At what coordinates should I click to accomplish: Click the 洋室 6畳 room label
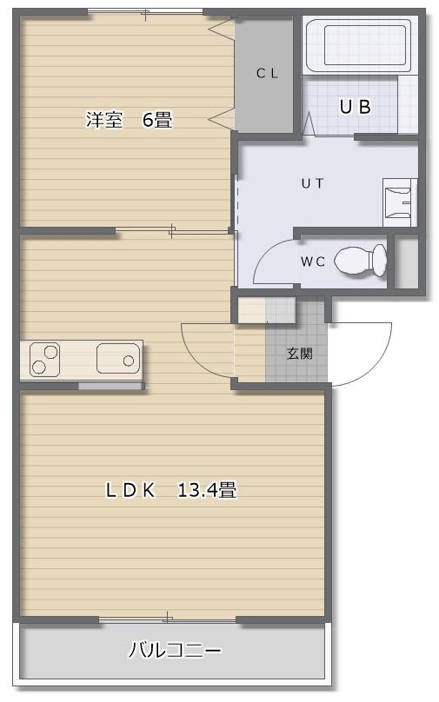pyautogui.click(x=129, y=120)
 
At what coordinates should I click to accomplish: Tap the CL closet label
pyautogui.click(x=268, y=74)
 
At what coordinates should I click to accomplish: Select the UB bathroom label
pyautogui.click(x=356, y=107)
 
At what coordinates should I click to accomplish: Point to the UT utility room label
pyautogui.click(x=313, y=183)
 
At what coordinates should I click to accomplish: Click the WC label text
pyautogui.click(x=313, y=262)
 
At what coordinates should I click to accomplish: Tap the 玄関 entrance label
pyautogui.click(x=300, y=354)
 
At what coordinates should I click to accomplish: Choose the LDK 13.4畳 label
pyautogui.click(x=171, y=490)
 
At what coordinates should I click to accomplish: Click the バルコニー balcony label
pyautogui.click(x=175, y=650)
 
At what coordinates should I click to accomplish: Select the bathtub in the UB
pyautogui.click(x=363, y=45)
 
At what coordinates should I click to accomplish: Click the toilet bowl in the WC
pyautogui.click(x=360, y=261)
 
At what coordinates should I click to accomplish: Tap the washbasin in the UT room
pyautogui.click(x=400, y=202)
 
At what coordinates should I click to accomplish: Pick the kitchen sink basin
pyautogui.click(x=118, y=358)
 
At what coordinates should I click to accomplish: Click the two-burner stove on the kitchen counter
pyautogui.click(x=45, y=359)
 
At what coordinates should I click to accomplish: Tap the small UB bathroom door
pyautogui.click(x=309, y=123)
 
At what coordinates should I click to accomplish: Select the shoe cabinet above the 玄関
pyautogui.click(x=267, y=310)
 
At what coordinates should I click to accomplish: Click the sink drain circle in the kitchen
pyautogui.click(x=129, y=361)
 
